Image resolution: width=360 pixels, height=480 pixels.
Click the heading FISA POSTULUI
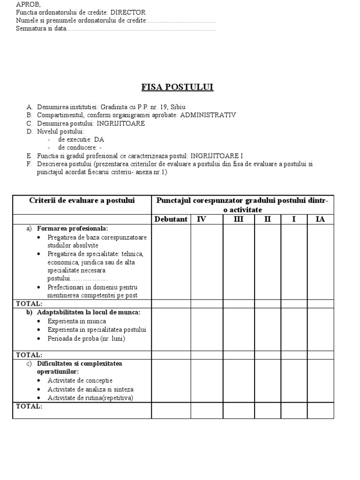178,87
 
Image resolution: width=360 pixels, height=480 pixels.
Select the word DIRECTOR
128,12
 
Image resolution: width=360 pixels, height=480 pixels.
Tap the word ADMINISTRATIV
208,115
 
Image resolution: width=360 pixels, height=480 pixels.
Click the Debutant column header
171,219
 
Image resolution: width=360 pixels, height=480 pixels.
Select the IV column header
201,219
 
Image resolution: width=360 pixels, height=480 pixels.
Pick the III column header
238,219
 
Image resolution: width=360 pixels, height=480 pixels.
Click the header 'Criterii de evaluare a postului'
82,201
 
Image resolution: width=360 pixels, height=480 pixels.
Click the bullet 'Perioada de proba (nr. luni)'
86,338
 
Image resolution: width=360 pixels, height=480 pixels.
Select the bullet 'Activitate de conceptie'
80,380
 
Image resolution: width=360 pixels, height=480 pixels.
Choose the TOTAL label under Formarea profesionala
30,304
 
